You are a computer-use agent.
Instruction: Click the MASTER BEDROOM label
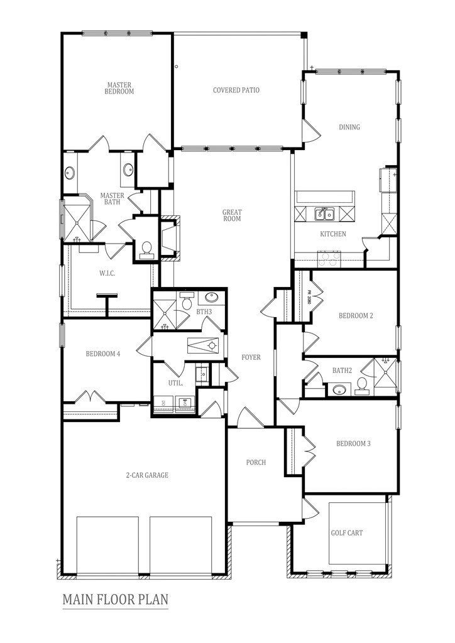pyautogui.click(x=119, y=87)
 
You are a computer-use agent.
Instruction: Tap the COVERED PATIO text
pyautogui.click(x=236, y=90)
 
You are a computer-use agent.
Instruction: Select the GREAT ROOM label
pyautogui.click(x=232, y=215)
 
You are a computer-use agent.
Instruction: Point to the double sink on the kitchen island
pyautogui.click(x=324, y=215)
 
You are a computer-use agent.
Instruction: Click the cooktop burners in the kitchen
pyautogui.click(x=329, y=256)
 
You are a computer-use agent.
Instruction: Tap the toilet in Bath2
pyautogui.click(x=362, y=384)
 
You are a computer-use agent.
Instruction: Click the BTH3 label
pyautogui.click(x=204, y=311)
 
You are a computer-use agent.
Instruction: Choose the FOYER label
pyautogui.click(x=251, y=357)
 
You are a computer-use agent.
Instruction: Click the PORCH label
pyautogui.click(x=256, y=462)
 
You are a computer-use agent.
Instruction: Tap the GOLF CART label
pyautogui.click(x=346, y=533)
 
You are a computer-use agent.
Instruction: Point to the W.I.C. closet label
pyautogui.click(x=106, y=273)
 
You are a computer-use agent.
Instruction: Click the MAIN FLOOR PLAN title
pyautogui.click(x=115, y=600)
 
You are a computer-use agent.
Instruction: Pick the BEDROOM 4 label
pyautogui.click(x=103, y=354)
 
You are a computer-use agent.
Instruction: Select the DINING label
pyautogui.click(x=349, y=127)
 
